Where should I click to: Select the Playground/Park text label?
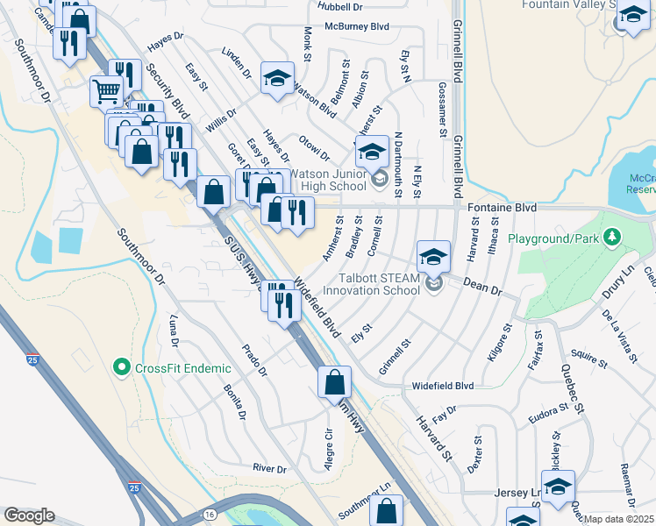point(555,238)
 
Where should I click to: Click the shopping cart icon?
point(106,90)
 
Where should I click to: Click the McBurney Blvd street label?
point(356,27)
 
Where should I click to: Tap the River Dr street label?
point(269,469)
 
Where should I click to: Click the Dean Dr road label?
point(481,287)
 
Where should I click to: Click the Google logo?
point(29,515)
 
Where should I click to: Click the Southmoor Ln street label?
point(365,501)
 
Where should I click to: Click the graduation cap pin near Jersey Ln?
point(558,488)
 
